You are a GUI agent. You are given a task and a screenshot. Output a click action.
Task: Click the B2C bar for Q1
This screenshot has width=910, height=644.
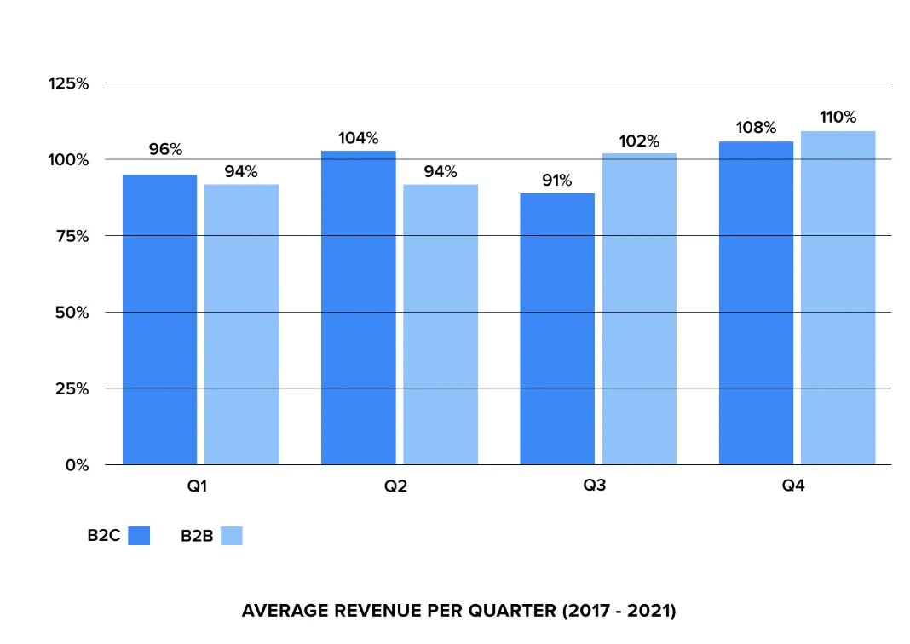click(x=159, y=319)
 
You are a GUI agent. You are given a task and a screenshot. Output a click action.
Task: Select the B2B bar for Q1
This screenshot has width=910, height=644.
click(x=241, y=325)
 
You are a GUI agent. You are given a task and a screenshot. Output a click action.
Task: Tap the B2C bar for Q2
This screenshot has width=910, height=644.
click(x=358, y=308)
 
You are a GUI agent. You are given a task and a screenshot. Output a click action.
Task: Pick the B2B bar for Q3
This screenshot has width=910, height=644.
click(x=639, y=309)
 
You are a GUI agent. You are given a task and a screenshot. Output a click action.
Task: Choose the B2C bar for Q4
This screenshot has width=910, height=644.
click(x=756, y=302)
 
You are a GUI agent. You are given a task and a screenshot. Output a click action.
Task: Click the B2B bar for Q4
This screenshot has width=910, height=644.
click(x=838, y=297)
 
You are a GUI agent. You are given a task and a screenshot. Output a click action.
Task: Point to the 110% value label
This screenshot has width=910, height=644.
click(x=838, y=118)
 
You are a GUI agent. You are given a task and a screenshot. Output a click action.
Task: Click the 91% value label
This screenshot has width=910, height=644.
click(x=557, y=181)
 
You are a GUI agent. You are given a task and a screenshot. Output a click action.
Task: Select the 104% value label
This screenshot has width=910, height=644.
click(x=358, y=138)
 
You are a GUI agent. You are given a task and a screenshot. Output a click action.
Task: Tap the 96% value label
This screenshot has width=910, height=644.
click(x=165, y=149)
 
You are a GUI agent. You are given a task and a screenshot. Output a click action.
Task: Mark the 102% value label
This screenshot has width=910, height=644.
click(x=639, y=141)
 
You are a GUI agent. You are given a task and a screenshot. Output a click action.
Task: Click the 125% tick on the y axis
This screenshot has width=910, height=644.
click(x=69, y=83)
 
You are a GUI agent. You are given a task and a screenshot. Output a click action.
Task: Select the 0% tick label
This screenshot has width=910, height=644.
click(x=76, y=465)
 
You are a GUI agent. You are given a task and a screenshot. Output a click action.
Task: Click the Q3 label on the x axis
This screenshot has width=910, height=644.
click(x=595, y=486)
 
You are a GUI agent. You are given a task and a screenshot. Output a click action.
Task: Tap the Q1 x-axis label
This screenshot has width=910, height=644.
click(x=198, y=486)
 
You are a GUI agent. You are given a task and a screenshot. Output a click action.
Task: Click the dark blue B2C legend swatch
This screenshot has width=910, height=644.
click(x=139, y=536)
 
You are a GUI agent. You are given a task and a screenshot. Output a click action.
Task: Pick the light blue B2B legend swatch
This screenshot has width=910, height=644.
click(x=231, y=536)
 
